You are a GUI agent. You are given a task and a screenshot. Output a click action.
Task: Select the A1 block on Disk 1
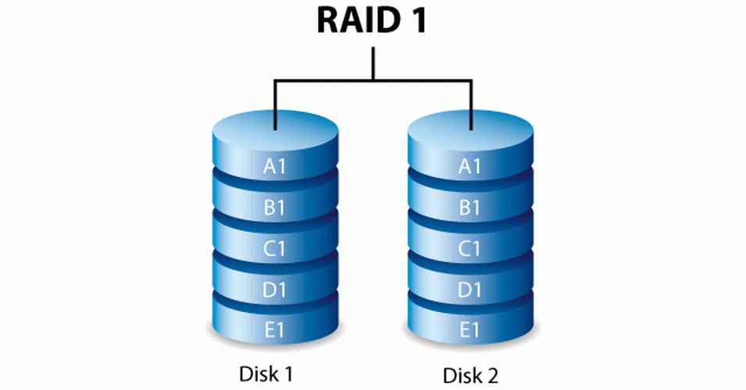click(x=275, y=166)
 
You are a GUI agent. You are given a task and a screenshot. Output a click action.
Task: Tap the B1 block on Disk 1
click(x=275, y=208)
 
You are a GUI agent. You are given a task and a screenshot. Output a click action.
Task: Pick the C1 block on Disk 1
click(x=275, y=250)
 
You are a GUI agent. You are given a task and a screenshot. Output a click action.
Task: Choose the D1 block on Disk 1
click(x=275, y=291)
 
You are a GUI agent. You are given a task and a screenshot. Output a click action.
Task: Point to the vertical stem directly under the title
click(x=373, y=62)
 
